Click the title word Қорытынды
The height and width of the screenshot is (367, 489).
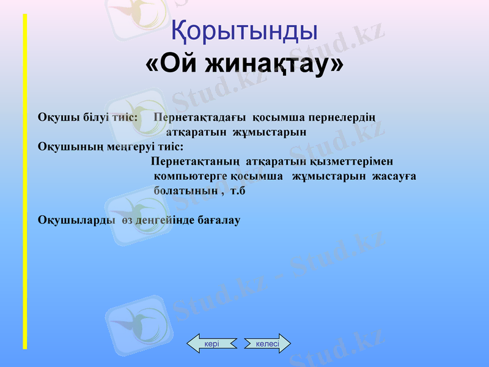pyautogui.click(x=244, y=31)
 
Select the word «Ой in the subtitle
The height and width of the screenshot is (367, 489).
pyautogui.click(x=169, y=64)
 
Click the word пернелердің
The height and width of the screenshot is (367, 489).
pyautogui.click(x=342, y=117)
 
